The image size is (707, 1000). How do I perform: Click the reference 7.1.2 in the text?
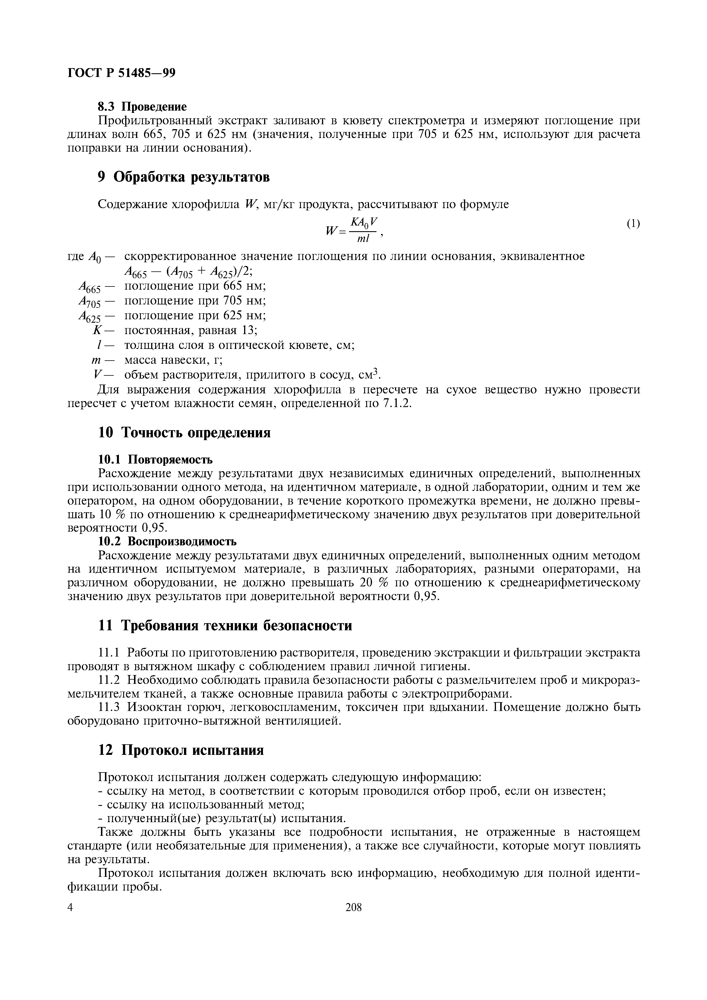coord(396,404)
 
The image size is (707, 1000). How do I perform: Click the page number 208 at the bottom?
coord(353,908)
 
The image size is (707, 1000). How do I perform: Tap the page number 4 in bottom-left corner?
coord(71,908)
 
